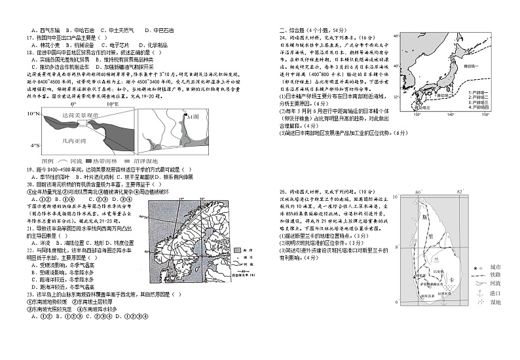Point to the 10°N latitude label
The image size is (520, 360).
coord(33,114)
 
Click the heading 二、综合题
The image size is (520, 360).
coord(295,30)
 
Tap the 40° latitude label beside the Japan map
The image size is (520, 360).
coord(396,37)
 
